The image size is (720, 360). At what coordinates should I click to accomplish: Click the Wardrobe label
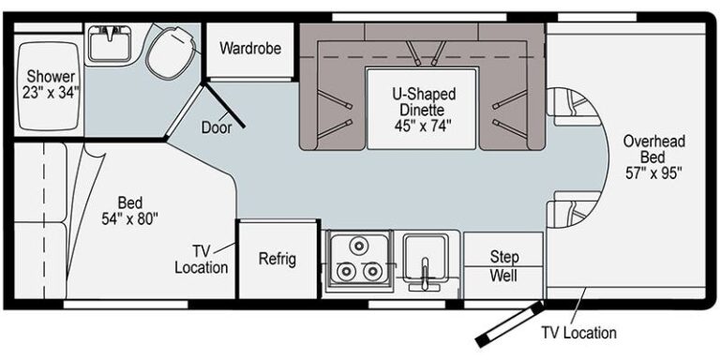point(249,47)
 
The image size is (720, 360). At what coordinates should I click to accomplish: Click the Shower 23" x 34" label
point(52,83)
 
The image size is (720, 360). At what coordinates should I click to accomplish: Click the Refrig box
point(277,258)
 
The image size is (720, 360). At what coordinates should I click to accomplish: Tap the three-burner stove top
point(359,260)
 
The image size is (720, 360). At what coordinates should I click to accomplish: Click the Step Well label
point(502,265)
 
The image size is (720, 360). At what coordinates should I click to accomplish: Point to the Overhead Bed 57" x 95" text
point(653,157)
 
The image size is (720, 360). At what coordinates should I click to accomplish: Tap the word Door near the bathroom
point(217,127)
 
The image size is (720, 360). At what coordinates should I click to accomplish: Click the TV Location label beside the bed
point(202,259)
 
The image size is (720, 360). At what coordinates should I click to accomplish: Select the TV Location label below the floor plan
point(578,332)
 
